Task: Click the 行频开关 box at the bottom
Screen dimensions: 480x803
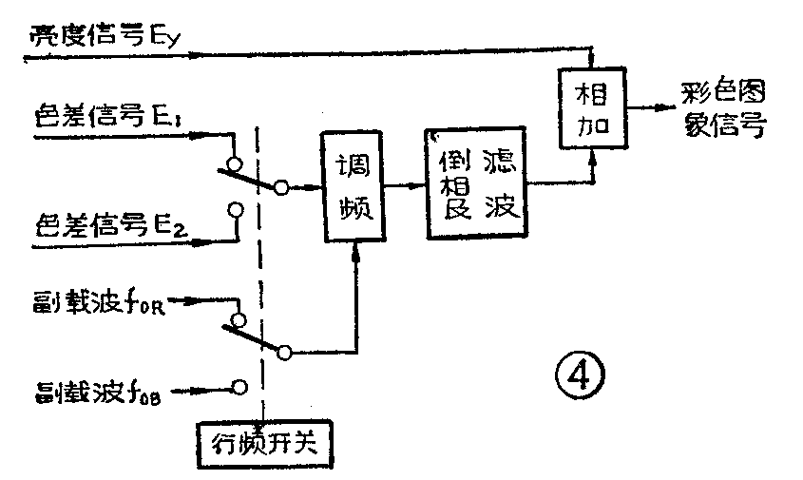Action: click(263, 442)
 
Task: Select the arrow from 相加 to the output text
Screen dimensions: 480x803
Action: click(646, 107)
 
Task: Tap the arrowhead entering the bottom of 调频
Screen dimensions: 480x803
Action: click(356, 249)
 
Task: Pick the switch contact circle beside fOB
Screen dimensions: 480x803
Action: click(240, 387)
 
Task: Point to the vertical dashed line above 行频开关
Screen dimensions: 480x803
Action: click(258, 285)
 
